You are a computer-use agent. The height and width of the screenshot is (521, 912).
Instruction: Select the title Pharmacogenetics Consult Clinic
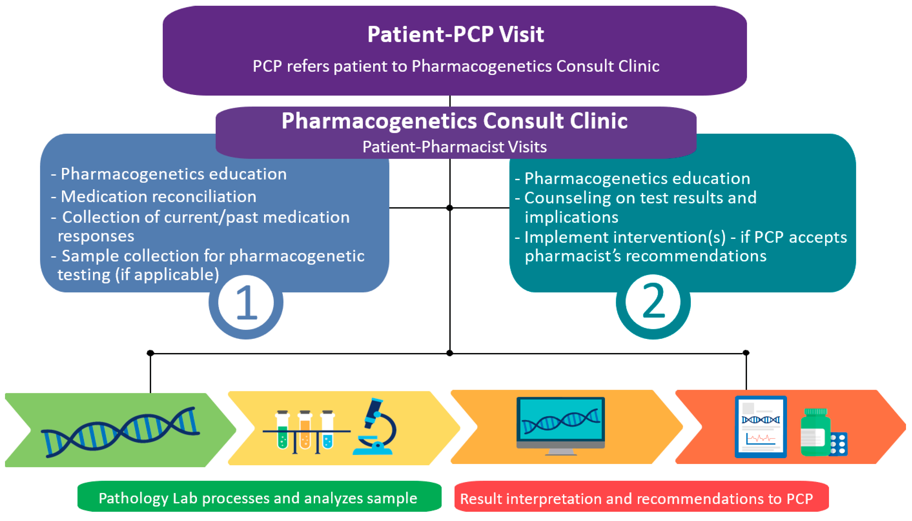(x=454, y=121)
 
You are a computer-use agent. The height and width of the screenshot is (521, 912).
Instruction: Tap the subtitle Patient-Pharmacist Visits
(x=454, y=147)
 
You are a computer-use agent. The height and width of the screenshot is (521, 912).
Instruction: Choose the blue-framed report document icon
(x=760, y=427)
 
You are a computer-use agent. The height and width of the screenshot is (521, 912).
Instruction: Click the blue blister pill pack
(x=838, y=445)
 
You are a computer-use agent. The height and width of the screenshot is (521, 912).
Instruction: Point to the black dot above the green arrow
(x=150, y=353)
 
